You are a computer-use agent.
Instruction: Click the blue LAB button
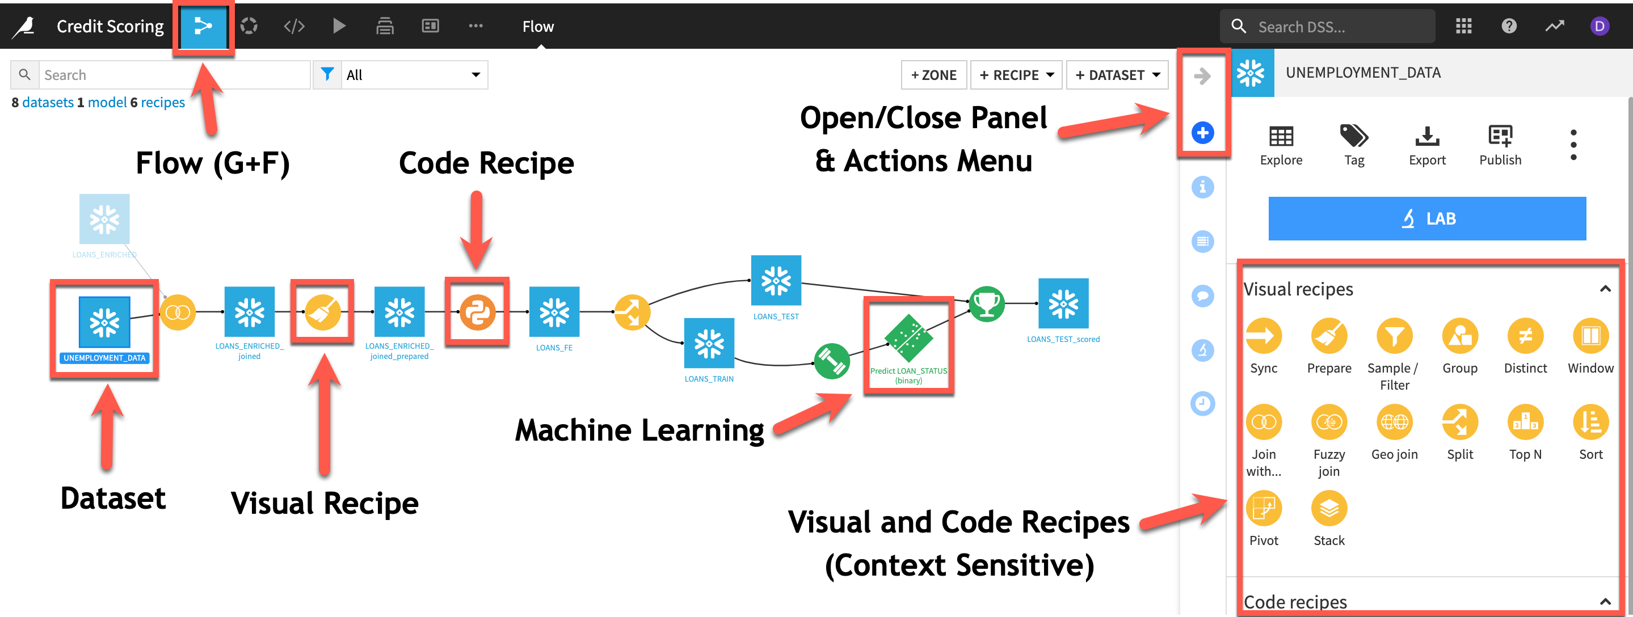(x=1426, y=218)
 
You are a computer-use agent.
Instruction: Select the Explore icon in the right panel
(x=1281, y=137)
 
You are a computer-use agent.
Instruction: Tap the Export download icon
(x=1427, y=137)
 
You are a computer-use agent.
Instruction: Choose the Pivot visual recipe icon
(x=1264, y=509)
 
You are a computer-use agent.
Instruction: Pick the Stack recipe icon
(x=1329, y=509)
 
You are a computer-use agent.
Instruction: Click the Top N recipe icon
(x=1525, y=422)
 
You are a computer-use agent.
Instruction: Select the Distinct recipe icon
(x=1525, y=336)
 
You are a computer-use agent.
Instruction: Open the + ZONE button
(x=933, y=75)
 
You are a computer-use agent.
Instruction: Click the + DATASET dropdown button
(x=1117, y=75)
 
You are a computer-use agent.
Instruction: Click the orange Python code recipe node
(x=477, y=312)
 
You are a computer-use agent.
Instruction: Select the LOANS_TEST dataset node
(x=776, y=281)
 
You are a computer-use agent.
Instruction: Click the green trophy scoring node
(x=986, y=304)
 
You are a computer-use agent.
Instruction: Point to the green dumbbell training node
(x=832, y=361)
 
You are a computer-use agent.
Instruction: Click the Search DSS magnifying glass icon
(x=1238, y=27)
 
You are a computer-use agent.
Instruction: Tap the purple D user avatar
(x=1599, y=27)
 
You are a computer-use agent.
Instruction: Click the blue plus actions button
(x=1202, y=133)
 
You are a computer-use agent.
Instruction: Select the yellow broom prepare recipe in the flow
(x=322, y=312)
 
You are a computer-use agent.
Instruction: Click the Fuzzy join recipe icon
(x=1329, y=422)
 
